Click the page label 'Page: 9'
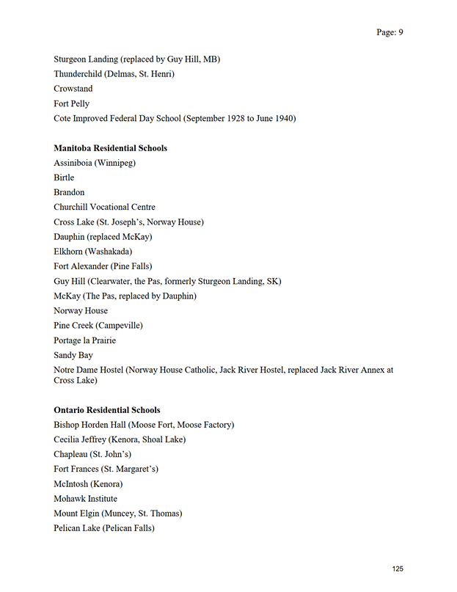pos(390,32)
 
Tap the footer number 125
pos(398,569)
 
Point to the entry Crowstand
pos(73,89)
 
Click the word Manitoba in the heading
pos(73,148)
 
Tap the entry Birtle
pos(64,178)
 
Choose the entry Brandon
pos(69,192)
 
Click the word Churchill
pos(72,207)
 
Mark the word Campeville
pos(120,325)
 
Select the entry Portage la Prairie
pos(84,340)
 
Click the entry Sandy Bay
pos(73,355)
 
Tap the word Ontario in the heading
pos(70,410)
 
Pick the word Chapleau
pos(72,454)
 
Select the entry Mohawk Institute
pos(85,499)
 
